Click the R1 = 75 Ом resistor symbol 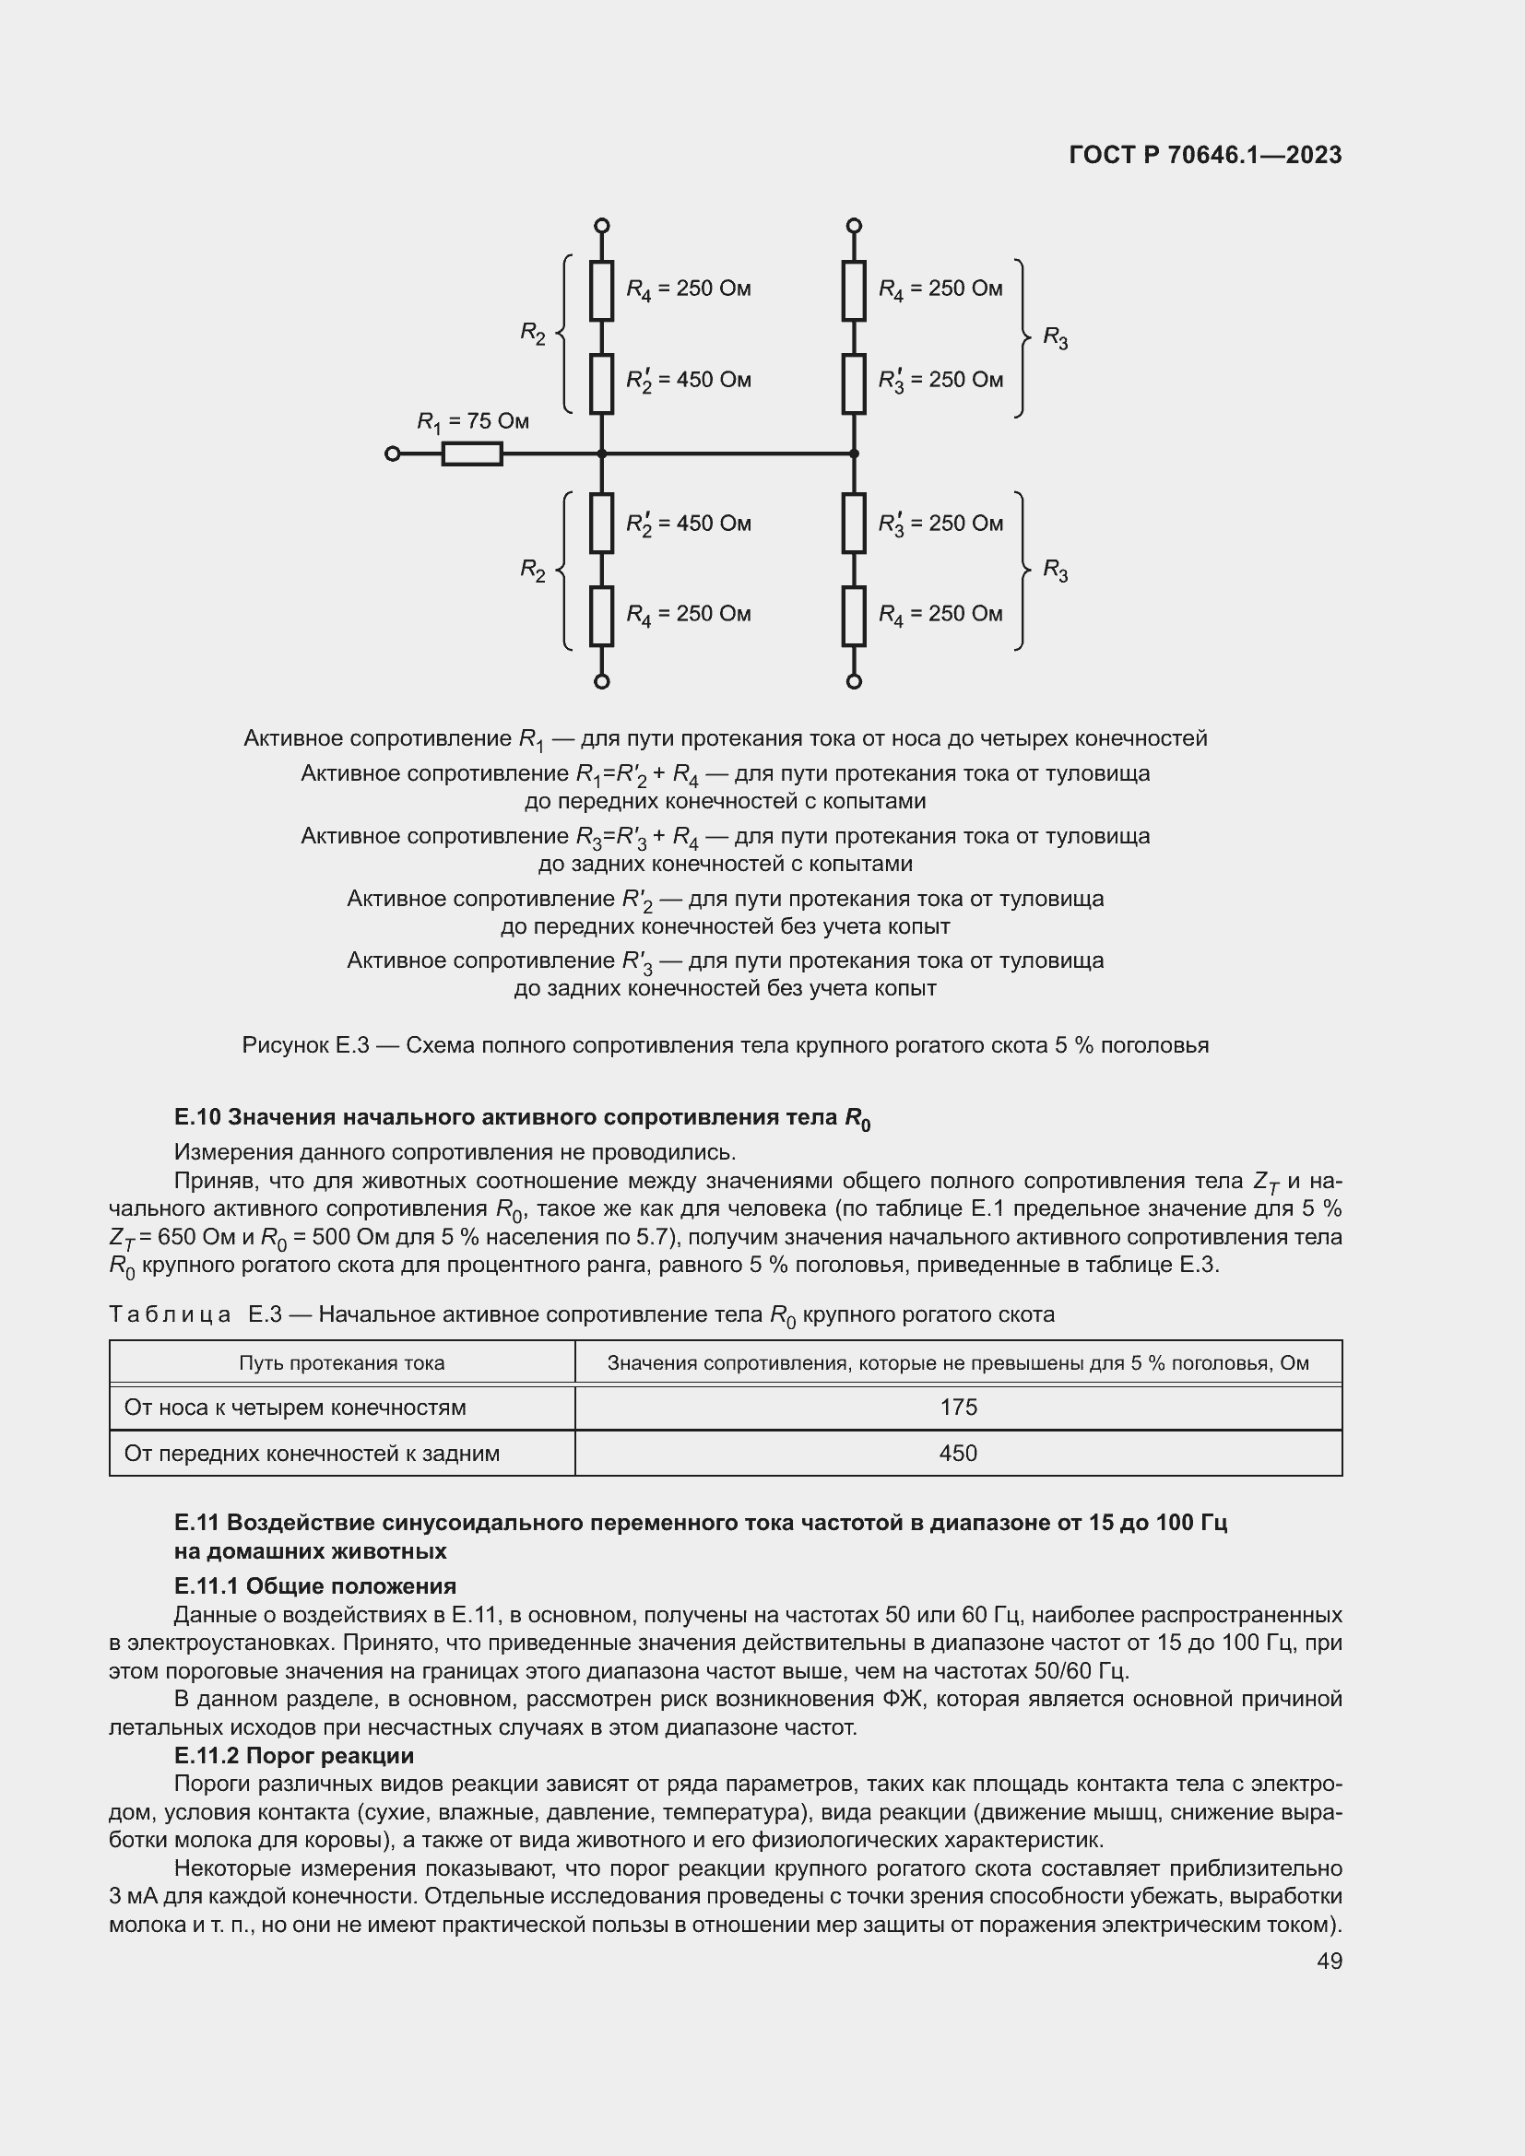click(471, 454)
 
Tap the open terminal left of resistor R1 click(393, 454)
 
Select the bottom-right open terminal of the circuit click(854, 682)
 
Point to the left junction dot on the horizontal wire click(602, 454)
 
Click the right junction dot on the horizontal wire click(854, 454)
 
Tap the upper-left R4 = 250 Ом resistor click(602, 291)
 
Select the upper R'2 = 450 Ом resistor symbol click(602, 384)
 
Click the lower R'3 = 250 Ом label click(940, 524)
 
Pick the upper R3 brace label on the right click(1056, 338)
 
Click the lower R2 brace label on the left click(533, 570)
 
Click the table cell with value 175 click(958, 1408)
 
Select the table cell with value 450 click(958, 1454)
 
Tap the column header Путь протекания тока click(342, 1362)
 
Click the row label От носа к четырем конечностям click(295, 1408)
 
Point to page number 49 click(1329, 1961)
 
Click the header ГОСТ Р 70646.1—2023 click(1205, 156)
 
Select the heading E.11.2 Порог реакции click(294, 1756)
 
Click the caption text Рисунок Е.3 click(305, 1045)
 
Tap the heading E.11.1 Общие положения click(314, 1587)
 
